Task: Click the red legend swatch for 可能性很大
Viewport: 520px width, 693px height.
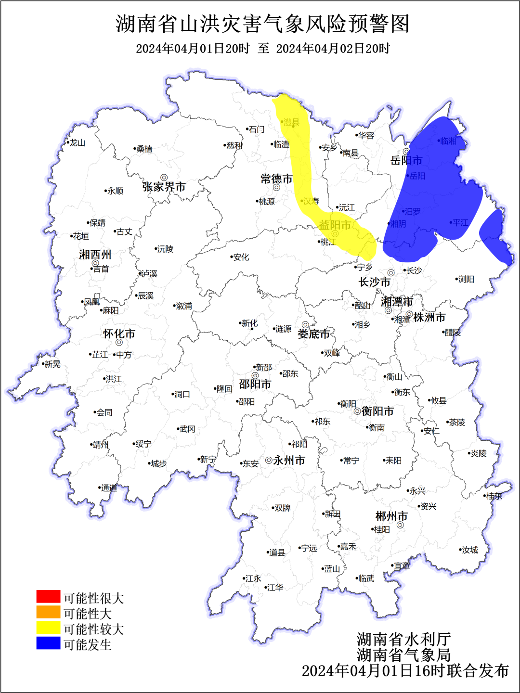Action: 48,597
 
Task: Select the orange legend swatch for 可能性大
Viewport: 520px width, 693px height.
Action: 48,612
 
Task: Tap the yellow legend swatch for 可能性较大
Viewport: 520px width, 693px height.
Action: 48,628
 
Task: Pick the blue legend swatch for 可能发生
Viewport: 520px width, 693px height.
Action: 48,643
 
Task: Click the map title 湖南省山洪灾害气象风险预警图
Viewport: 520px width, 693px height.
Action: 262,24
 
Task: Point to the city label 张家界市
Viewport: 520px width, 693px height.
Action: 164,187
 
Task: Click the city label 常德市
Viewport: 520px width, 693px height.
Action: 276,179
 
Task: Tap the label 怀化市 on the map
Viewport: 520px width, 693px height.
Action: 119,334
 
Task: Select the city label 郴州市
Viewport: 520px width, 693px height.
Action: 391,516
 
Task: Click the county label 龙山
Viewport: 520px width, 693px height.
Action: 77,143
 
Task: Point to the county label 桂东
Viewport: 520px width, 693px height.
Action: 494,496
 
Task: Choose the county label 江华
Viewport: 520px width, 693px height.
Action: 275,588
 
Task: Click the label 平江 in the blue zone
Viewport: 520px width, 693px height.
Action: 460,222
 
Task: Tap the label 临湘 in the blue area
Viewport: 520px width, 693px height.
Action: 448,141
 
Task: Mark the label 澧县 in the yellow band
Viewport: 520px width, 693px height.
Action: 291,122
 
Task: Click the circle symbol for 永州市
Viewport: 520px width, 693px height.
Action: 269,460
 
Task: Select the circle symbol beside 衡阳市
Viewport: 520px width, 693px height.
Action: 357,411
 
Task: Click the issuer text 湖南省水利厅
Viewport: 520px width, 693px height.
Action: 403,639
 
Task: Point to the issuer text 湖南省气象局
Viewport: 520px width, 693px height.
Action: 403,654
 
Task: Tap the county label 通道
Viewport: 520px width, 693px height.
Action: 109,488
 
